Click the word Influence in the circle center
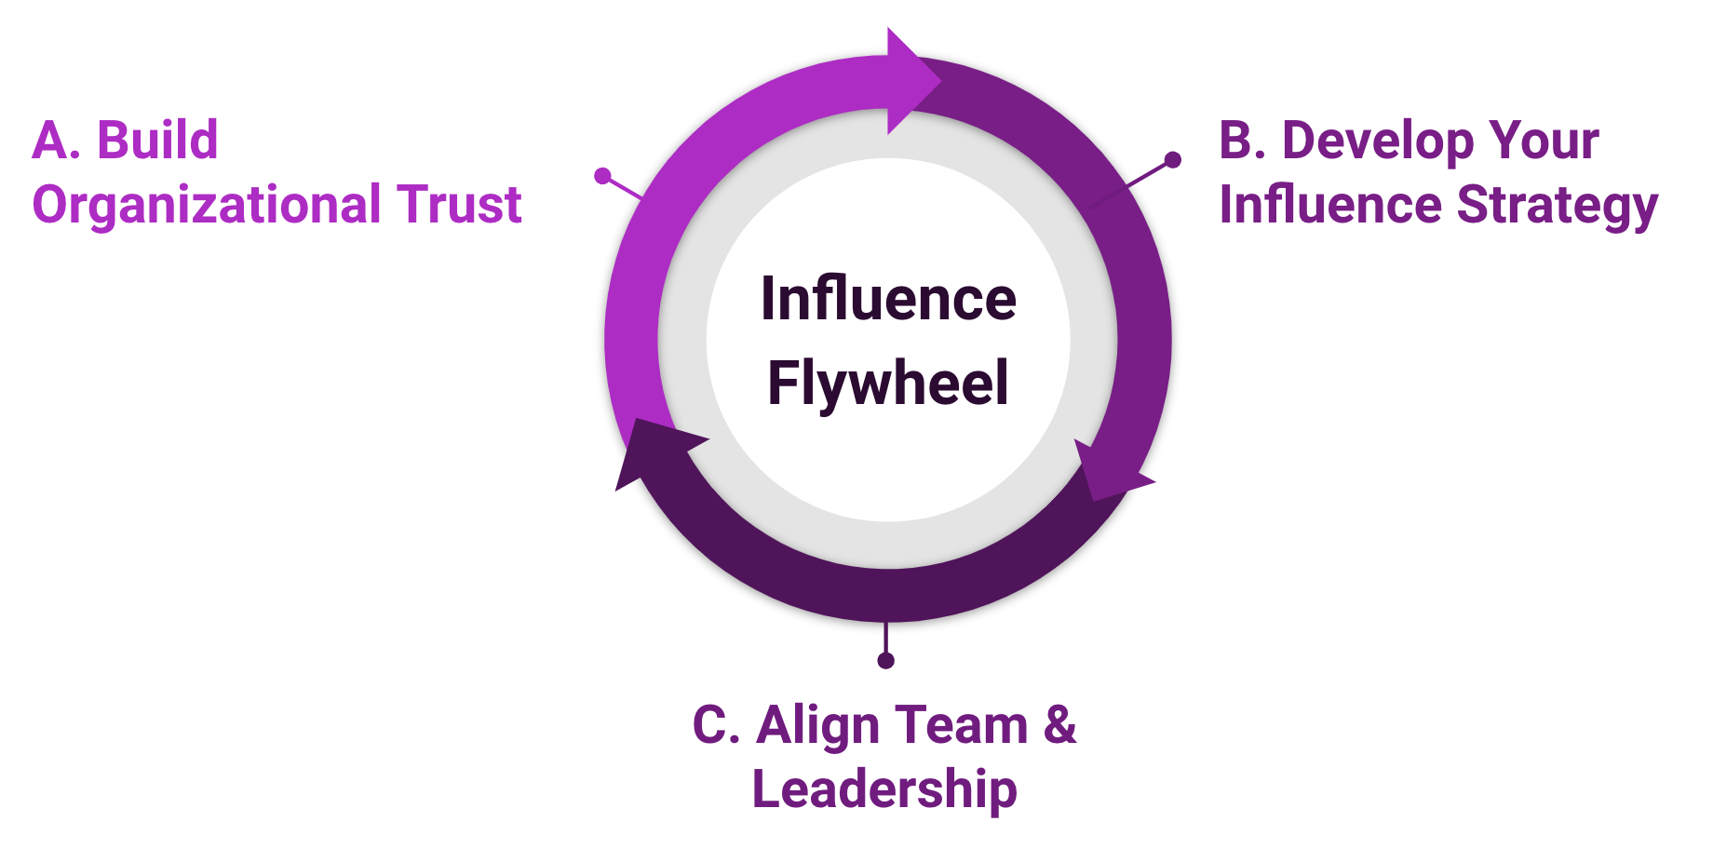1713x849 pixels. [888, 299]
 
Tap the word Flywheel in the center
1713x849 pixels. [888, 383]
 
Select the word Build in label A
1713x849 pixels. [157, 141]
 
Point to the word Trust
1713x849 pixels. [459, 205]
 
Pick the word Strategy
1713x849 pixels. [1558, 206]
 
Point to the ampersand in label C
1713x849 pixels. [1060, 725]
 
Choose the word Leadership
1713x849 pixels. [884, 789]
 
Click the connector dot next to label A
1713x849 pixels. [602, 175]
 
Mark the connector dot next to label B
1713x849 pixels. [1173, 160]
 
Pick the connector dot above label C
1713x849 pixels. [885, 660]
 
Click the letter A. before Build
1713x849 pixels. [56, 141]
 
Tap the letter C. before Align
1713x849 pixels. [716, 725]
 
